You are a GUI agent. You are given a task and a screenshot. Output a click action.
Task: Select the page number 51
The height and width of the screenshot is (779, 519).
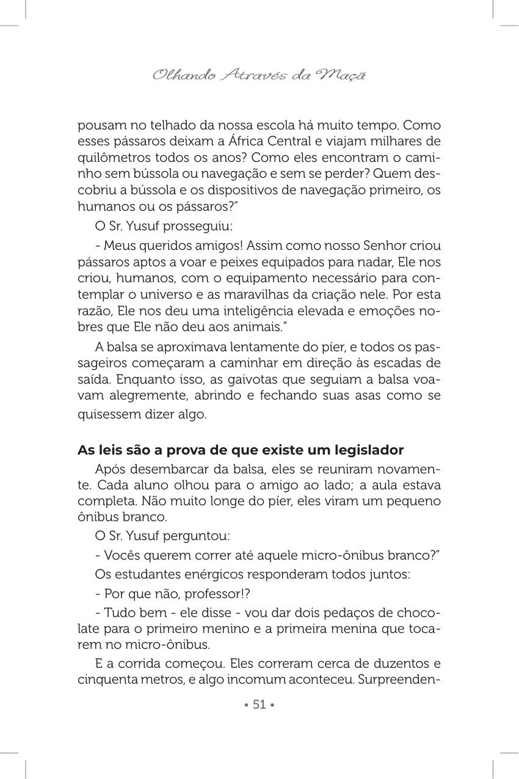coord(259,704)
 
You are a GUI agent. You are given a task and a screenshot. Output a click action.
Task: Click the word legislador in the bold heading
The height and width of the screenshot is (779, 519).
coord(369,450)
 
